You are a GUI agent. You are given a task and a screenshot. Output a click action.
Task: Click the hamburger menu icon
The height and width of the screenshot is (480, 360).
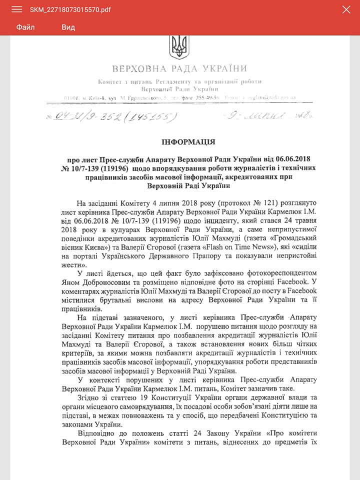click(x=16, y=9)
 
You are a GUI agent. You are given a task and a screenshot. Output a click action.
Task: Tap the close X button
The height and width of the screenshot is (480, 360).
click(x=346, y=9)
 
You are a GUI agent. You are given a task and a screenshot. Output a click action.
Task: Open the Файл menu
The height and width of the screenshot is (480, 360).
click(x=25, y=27)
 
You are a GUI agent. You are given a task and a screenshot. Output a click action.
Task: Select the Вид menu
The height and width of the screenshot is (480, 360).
click(x=68, y=27)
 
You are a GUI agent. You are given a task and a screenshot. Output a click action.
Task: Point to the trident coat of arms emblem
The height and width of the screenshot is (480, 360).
click(x=179, y=46)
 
